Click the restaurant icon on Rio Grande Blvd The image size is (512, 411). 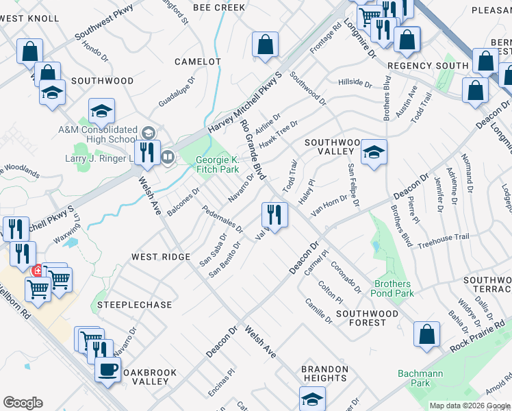[x=274, y=215]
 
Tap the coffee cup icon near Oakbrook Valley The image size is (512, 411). [x=107, y=371]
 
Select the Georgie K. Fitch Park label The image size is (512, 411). [x=218, y=164]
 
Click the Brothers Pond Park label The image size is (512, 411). [x=394, y=288]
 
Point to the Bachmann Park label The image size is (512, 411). [x=420, y=378]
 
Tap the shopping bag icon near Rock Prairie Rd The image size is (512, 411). [x=426, y=335]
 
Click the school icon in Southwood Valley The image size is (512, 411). [x=374, y=153]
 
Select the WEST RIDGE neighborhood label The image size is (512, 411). [x=161, y=256]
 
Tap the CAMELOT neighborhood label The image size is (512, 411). [x=198, y=62]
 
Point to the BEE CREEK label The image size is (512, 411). [x=218, y=8]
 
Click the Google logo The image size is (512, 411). [x=23, y=403]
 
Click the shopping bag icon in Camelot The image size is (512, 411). [x=264, y=45]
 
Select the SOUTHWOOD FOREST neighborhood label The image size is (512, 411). [x=367, y=318]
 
